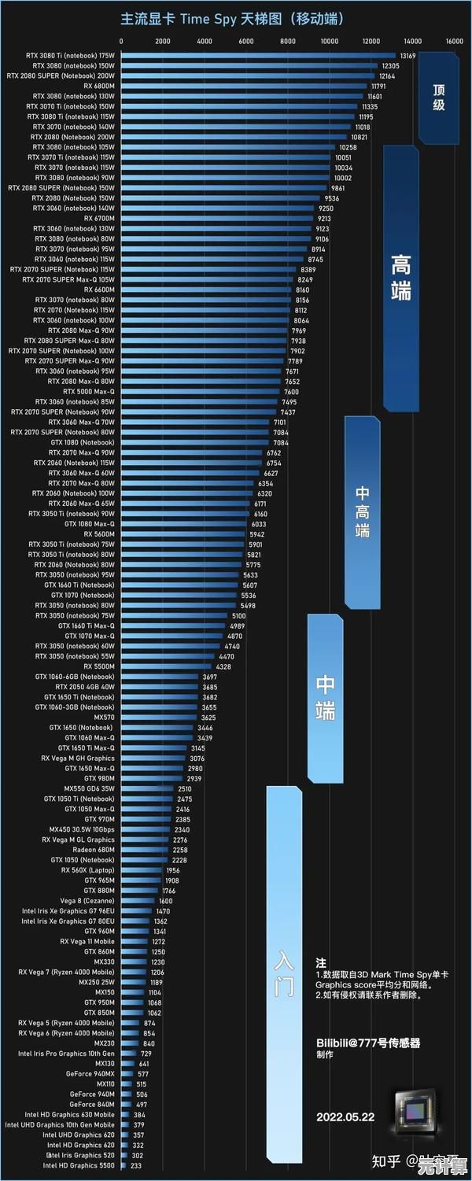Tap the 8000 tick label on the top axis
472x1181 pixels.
coord(288,41)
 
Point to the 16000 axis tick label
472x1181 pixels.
coord(454,41)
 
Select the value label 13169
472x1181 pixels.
coord(407,56)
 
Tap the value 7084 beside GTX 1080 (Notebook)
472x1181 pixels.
coord(281,443)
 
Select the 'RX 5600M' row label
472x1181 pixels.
coord(99,534)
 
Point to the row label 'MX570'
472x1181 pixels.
coord(104,718)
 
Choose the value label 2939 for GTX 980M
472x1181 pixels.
coord(194,779)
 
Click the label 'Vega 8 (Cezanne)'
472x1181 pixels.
coord(87,901)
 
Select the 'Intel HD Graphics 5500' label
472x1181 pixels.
coord(79,1166)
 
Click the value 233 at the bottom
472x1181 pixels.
coord(136,1166)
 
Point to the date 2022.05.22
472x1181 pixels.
coord(345,1116)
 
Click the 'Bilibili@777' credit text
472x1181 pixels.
coord(367,1043)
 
